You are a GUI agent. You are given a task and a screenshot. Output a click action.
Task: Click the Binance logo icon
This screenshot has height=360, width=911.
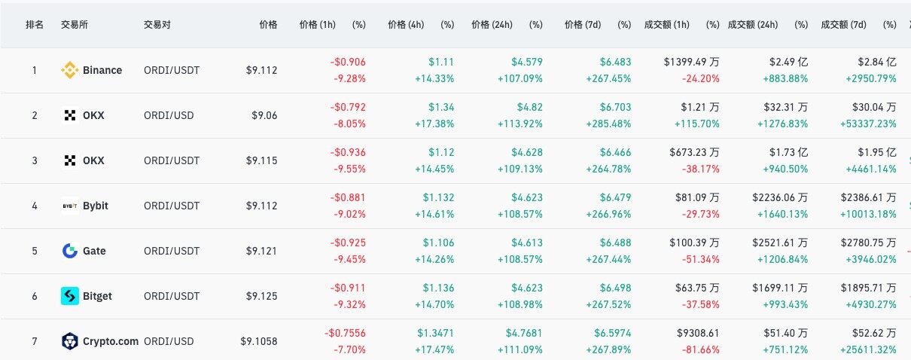click(69, 70)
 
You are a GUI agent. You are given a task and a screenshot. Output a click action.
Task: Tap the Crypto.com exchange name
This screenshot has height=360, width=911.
click(110, 341)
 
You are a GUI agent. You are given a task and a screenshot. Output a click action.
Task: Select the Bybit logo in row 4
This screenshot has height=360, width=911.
click(69, 206)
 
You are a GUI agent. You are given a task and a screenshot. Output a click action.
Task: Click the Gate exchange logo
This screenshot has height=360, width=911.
click(69, 251)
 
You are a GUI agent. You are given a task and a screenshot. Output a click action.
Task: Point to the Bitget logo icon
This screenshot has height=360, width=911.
click(69, 296)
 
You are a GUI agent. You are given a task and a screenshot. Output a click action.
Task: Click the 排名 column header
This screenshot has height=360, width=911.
click(34, 24)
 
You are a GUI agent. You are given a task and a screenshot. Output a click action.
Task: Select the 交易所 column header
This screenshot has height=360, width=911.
click(72, 24)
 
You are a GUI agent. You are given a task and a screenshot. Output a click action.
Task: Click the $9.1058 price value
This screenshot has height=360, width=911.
click(258, 341)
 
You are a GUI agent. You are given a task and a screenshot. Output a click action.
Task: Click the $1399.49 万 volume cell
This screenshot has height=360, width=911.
click(691, 62)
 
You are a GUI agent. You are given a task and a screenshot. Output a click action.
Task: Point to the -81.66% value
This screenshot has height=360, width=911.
click(699, 349)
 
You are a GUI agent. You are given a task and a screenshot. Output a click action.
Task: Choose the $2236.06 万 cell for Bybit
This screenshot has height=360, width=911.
click(780, 197)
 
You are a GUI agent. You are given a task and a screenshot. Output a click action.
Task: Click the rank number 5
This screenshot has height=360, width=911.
click(34, 251)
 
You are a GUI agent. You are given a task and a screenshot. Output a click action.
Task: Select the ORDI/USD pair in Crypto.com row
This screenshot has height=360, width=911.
click(168, 341)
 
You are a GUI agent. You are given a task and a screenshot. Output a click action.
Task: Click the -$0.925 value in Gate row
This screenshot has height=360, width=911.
click(348, 243)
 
